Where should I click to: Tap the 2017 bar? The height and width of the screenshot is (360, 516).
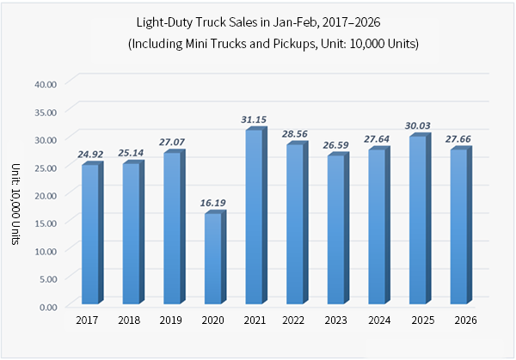pos(89,234)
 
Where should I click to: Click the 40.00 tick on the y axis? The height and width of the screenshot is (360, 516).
pos(45,83)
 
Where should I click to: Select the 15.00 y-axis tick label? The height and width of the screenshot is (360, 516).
pos(45,223)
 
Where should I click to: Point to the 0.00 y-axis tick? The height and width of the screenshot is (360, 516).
pos(47,306)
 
